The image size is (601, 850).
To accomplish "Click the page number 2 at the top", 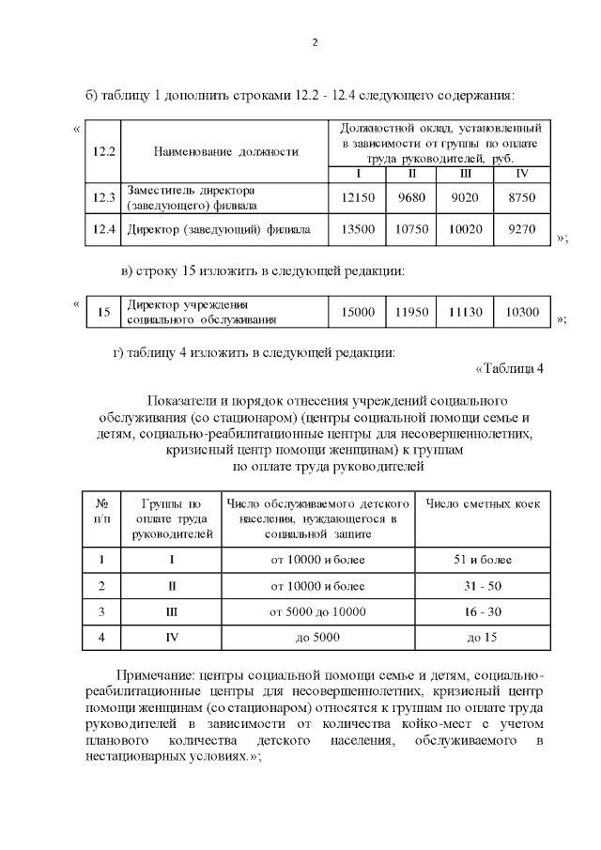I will click(x=316, y=42).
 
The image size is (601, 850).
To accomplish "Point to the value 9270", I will click(x=522, y=228).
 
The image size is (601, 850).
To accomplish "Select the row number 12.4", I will click(x=104, y=228).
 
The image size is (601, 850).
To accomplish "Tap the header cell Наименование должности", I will click(x=225, y=150).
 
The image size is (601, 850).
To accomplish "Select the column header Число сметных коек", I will click(x=483, y=505).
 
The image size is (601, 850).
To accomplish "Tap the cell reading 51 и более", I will click(x=483, y=560).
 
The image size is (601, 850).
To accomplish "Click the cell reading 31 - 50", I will click(x=483, y=586).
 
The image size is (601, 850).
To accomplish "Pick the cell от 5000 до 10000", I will click(x=317, y=612).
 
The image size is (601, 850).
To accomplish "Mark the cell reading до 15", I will click(x=483, y=638).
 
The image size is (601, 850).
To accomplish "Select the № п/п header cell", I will click(x=102, y=512).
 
